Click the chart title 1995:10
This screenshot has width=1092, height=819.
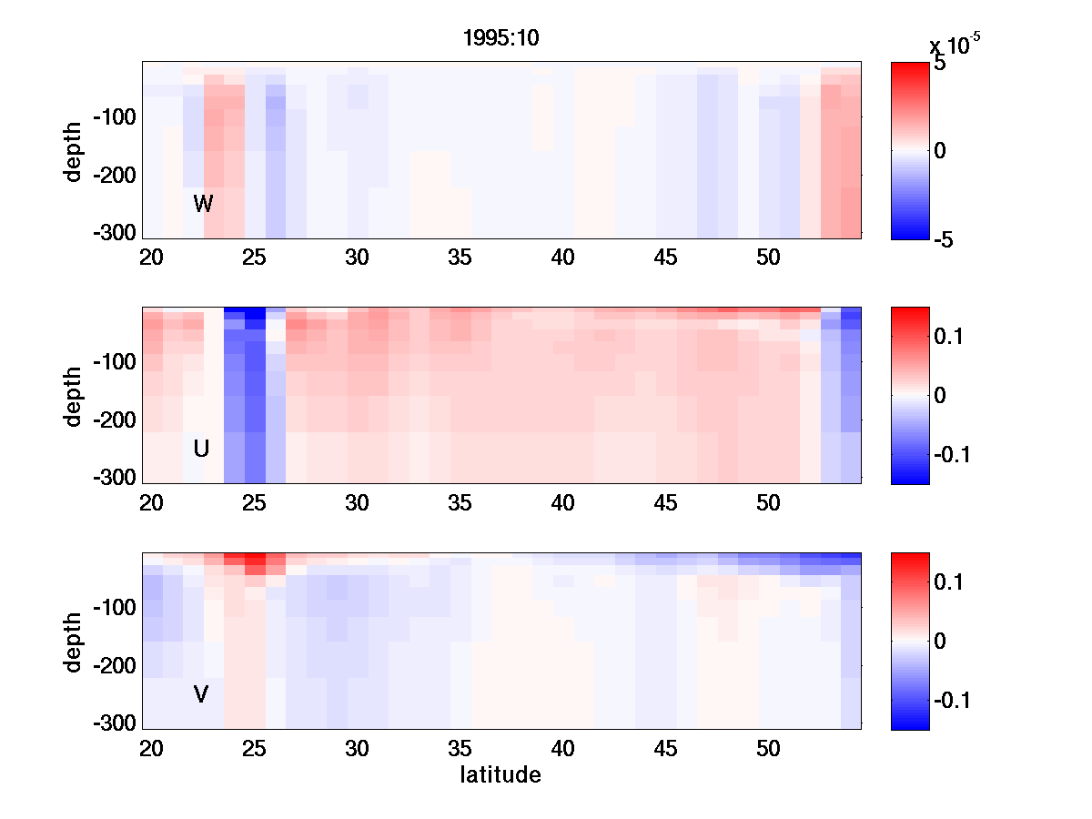(502, 41)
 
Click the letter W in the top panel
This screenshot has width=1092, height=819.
(203, 204)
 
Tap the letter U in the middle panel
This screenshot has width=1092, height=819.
(201, 449)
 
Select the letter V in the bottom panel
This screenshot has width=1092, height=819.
(201, 694)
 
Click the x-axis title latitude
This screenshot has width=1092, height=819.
(500, 775)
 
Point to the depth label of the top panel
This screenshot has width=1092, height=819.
(73, 150)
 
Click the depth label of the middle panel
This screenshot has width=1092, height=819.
(73, 396)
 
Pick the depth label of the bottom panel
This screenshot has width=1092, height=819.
(73, 642)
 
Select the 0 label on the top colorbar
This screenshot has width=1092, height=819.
(940, 151)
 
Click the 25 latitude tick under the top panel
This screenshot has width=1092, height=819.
(254, 258)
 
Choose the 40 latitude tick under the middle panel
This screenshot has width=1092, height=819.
(563, 503)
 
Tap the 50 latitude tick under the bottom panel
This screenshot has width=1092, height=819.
(769, 749)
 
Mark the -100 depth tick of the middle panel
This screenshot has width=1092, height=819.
(114, 362)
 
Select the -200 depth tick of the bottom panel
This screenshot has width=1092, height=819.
(114, 666)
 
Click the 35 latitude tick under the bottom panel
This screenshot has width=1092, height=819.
(460, 749)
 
